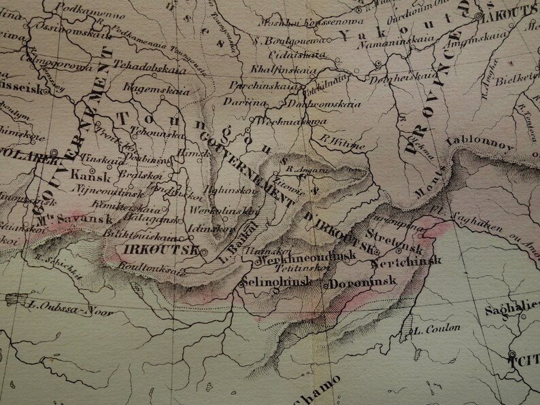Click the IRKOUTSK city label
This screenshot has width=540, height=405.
pyautogui.click(x=161, y=249)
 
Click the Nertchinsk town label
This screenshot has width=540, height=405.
pyautogui.click(x=407, y=262)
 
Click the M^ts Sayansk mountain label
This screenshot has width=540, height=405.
pyautogui.click(x=65, y=219)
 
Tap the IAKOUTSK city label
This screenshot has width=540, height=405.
pyautogui.click(x=512, y=20)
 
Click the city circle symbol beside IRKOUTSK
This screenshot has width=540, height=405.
pyautogui.click(x=202, y=250)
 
